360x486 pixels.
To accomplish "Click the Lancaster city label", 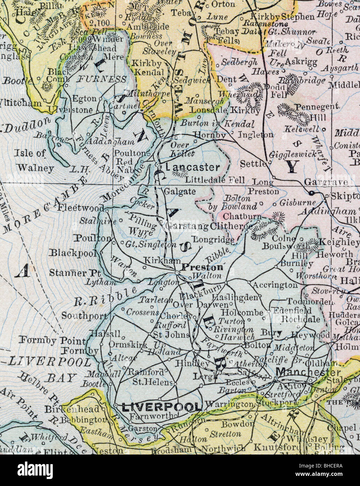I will click(x=193, y=167).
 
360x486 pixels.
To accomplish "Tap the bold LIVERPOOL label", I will click(x=162, y=407).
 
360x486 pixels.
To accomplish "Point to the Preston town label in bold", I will click(x=203, y=267).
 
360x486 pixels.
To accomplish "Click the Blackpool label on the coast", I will click(x=74, y=253).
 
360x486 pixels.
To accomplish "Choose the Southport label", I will click(x=84, y=316).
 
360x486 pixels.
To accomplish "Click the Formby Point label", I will click(x=52, y=340).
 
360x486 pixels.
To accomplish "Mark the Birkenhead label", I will click(x=72, y=409).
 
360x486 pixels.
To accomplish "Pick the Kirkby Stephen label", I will click(x=282, y=16).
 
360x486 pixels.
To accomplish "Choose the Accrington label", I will click(x=275, y=285).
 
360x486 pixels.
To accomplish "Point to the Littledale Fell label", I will click(x=215, y=180).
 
